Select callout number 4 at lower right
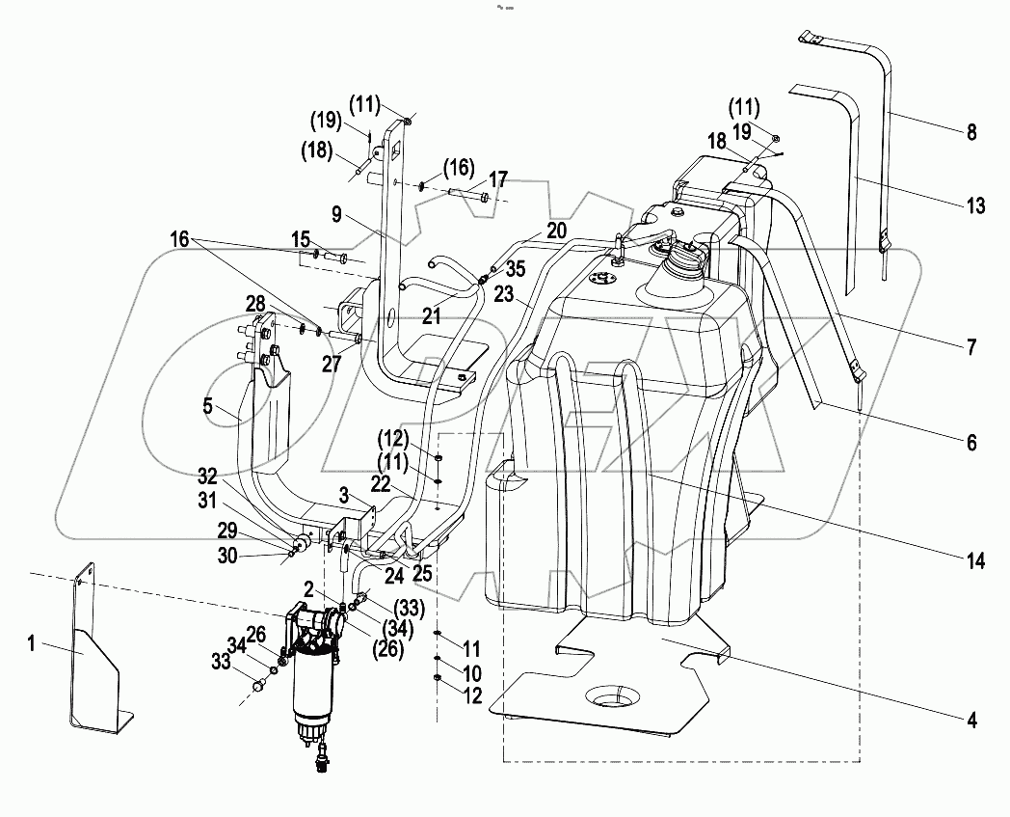(x=971, y=719)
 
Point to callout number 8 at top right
(x=971, y=134)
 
